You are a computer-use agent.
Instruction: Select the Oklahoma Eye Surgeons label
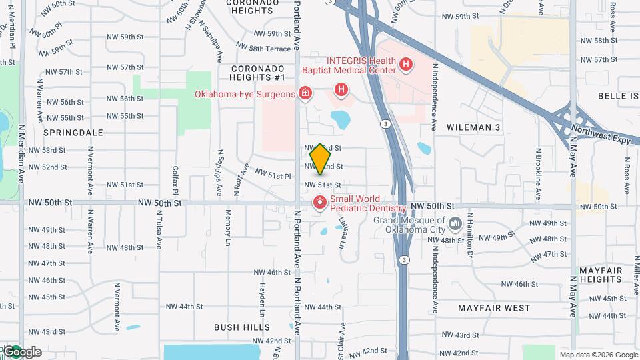(x=245, y=94)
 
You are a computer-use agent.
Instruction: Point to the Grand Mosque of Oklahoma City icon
(x=455, y=222)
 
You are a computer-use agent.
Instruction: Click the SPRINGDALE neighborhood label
(x=73, y=133)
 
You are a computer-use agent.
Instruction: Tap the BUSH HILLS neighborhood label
(x=242, y=327)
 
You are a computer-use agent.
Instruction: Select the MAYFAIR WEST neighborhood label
(x=494, y=308)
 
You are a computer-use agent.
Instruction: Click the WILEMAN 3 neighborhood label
(x=473, y=127)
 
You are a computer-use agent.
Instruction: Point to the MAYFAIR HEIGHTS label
(x=601, y=275)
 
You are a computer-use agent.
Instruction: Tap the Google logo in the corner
(x=21, y=351)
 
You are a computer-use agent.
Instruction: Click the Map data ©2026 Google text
(x=599, y=354)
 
